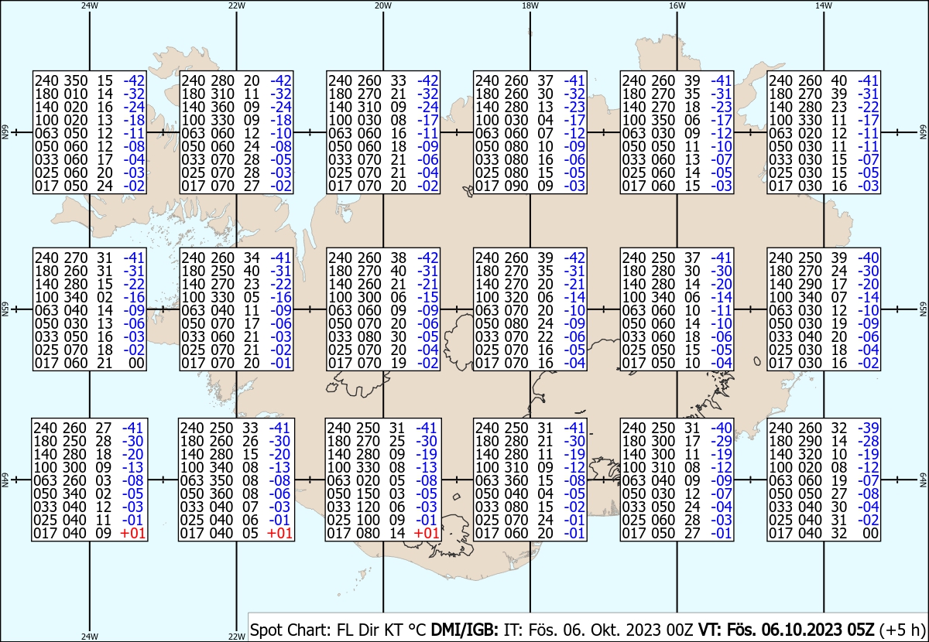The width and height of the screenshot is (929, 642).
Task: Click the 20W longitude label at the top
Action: tap(382, 6)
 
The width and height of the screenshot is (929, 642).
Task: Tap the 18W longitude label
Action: tap(530, 6)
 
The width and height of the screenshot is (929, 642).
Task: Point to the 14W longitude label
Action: tap(824, 6)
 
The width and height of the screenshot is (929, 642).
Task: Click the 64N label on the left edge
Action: tap(5, 480)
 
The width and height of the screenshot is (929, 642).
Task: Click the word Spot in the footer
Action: tap(266, 630)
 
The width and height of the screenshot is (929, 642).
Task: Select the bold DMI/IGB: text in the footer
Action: tap(464, 630)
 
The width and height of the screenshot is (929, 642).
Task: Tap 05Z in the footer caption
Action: tap(858, 630)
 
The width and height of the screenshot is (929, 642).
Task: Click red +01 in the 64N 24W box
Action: tap(133, 533)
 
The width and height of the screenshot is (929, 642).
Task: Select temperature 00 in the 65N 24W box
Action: tap(136, 363)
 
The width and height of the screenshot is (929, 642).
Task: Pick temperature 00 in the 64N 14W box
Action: tap(870, 533)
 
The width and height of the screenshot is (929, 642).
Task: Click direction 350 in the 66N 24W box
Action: tap(76, 80)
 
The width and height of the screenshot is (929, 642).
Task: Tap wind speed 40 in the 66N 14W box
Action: tap(838, 80)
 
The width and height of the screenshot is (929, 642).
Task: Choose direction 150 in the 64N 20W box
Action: tap(368, 493)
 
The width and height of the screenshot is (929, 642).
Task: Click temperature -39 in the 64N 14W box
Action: tap(868, 428)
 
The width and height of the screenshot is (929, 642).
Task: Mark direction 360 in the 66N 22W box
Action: tap(222, 107)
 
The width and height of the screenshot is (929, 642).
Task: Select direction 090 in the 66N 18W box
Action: tap(516, 186)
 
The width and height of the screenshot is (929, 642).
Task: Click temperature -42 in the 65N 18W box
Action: tap(574, 258)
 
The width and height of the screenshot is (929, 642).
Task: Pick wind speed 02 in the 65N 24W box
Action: tap(105, 297)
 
